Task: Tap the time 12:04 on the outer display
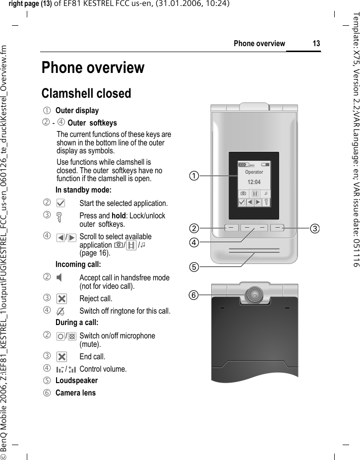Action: point(254,182)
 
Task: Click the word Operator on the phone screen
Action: point(254,172)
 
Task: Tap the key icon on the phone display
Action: point(267,202)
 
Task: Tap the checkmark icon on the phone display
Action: point(241,202)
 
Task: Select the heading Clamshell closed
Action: point(86,93)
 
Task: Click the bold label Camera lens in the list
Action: point(75,393)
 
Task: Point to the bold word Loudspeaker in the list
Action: point(76,381)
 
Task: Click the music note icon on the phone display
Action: point(266,193)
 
